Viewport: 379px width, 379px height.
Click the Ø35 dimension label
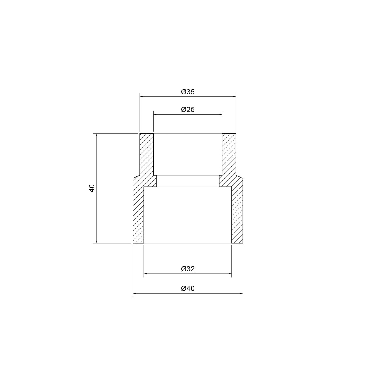pos(188,92)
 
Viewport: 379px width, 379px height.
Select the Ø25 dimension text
pos(188,110)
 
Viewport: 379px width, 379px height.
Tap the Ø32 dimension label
pos(188,269)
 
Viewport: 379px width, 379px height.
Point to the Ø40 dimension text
pos(188,289)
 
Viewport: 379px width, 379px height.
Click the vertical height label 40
pos(92,188)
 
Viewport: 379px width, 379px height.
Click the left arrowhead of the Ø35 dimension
pos(141,96)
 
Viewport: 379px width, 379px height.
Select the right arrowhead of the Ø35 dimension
pos(234,96)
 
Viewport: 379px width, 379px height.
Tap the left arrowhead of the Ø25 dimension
pos(155,114)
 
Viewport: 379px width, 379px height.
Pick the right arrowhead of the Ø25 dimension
pos(220,114)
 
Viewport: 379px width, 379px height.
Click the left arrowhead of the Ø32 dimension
pos(145,273)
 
